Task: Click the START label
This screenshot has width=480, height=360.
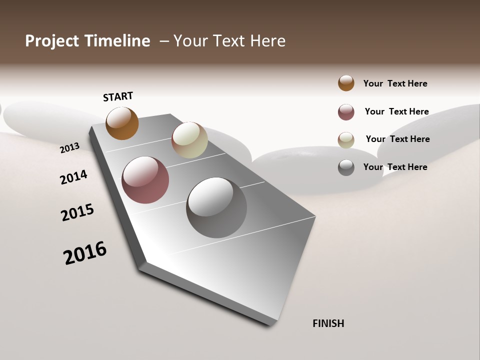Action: pyautogui.click(x=118, y=96)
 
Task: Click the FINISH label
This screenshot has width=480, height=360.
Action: pyautogui.click(x=328, y=323)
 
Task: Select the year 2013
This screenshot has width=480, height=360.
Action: pyautogui.click(x=69, y=147)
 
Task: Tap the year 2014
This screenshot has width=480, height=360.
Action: pyautogui.click(x=73, y=177)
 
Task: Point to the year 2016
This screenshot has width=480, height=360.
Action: pyautogui.click(x=85, y=253)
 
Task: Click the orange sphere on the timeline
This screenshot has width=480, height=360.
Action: pyautogui.click(x=122, y=123)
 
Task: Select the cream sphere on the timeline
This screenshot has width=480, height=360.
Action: pyautogui.click(x=189, y=140)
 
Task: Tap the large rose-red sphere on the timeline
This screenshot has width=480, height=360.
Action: pyautogui.click(x=145, y=180)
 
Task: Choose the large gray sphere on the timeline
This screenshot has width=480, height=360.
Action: pyautogui.click(x=216, y=207)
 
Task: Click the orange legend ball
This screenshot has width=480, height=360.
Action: pyautogui.click(x=346, y=83)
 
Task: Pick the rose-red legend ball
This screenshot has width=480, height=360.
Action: pyautogui.click(x=346, y=112)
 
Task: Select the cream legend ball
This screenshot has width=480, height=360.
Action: pyautogui.click(x=346, y=140)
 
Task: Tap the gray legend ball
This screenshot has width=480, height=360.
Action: pyautogui.click(x=346, y=167)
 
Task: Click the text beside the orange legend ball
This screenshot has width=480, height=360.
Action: pyautogui.click(x=395, y=83)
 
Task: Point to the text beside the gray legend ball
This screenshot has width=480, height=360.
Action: pyautogui.click(x=395, y=167)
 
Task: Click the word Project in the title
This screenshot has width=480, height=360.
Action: pyautogui.click(x=51, y=41)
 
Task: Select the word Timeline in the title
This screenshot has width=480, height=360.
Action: pyautogui.click(x=117, y=41)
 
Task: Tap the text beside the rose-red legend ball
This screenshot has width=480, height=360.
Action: pyautogui.click(x=396, y=111)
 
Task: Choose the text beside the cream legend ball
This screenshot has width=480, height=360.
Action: pyautogui.click(x=397, y=139)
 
